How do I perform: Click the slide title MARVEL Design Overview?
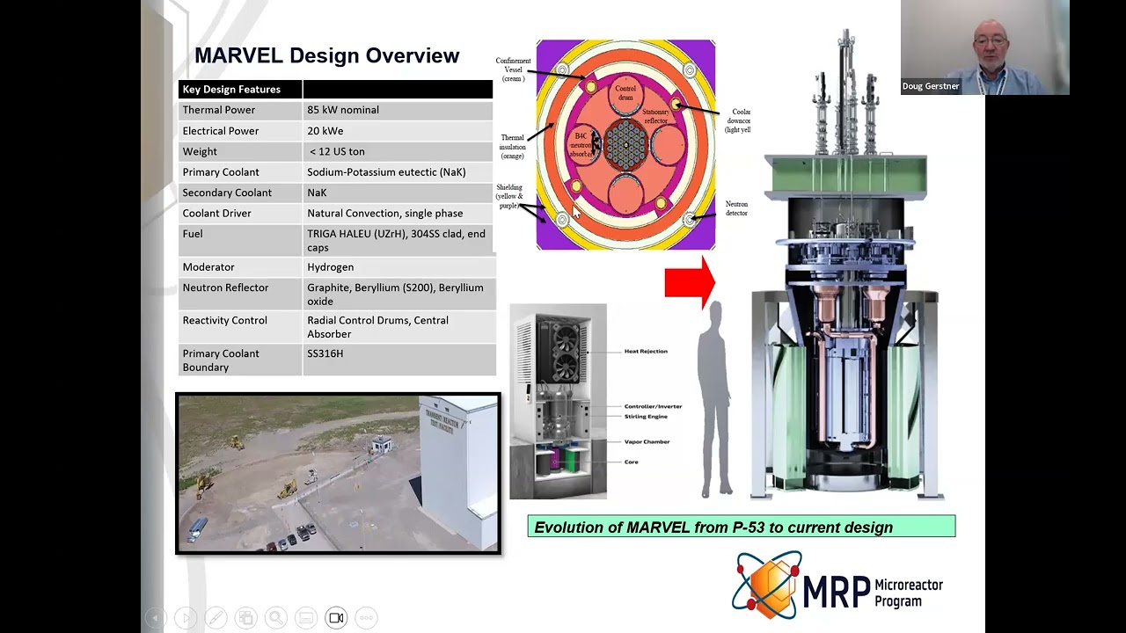click(x=326, y=55)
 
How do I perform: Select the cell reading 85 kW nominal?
click(x=343, y=110)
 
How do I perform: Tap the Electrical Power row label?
click(x=220, y=131)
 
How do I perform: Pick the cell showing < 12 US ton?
click(x=335, y=151)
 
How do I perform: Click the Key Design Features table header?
click(x=231, y=90)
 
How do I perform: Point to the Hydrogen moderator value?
click(x=330, y=267)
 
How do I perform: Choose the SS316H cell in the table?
click(x=325, y=353)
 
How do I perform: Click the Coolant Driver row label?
click(x=216, y=214)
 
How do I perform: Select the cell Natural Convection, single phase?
click(x=384, y=214)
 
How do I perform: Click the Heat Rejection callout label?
click(x=646, y=352)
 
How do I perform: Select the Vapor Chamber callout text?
click(x=647, y=442)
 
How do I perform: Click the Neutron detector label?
click(x=736, y=208)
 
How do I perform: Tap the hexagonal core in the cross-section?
click(x=625, y=145)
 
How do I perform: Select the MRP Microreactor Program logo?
click(x=837, y=585)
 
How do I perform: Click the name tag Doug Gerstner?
click(x=931, y=86)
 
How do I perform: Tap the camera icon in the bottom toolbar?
click(x=336, y=618)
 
